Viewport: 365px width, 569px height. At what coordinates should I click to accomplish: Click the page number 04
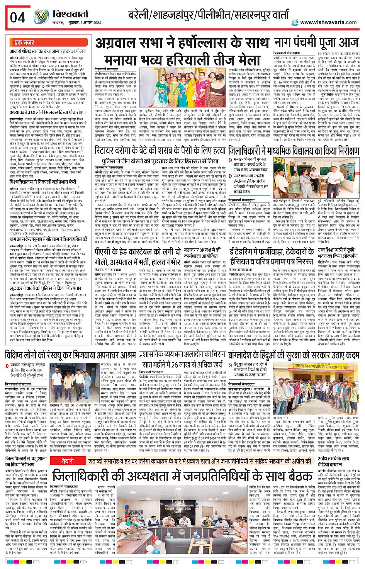click(x=17, y=17)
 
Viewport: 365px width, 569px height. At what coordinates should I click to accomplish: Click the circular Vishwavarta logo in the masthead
click(x=41, y=17)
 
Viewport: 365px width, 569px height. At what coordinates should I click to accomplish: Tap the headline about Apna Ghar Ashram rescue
click(x=70, y=355)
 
